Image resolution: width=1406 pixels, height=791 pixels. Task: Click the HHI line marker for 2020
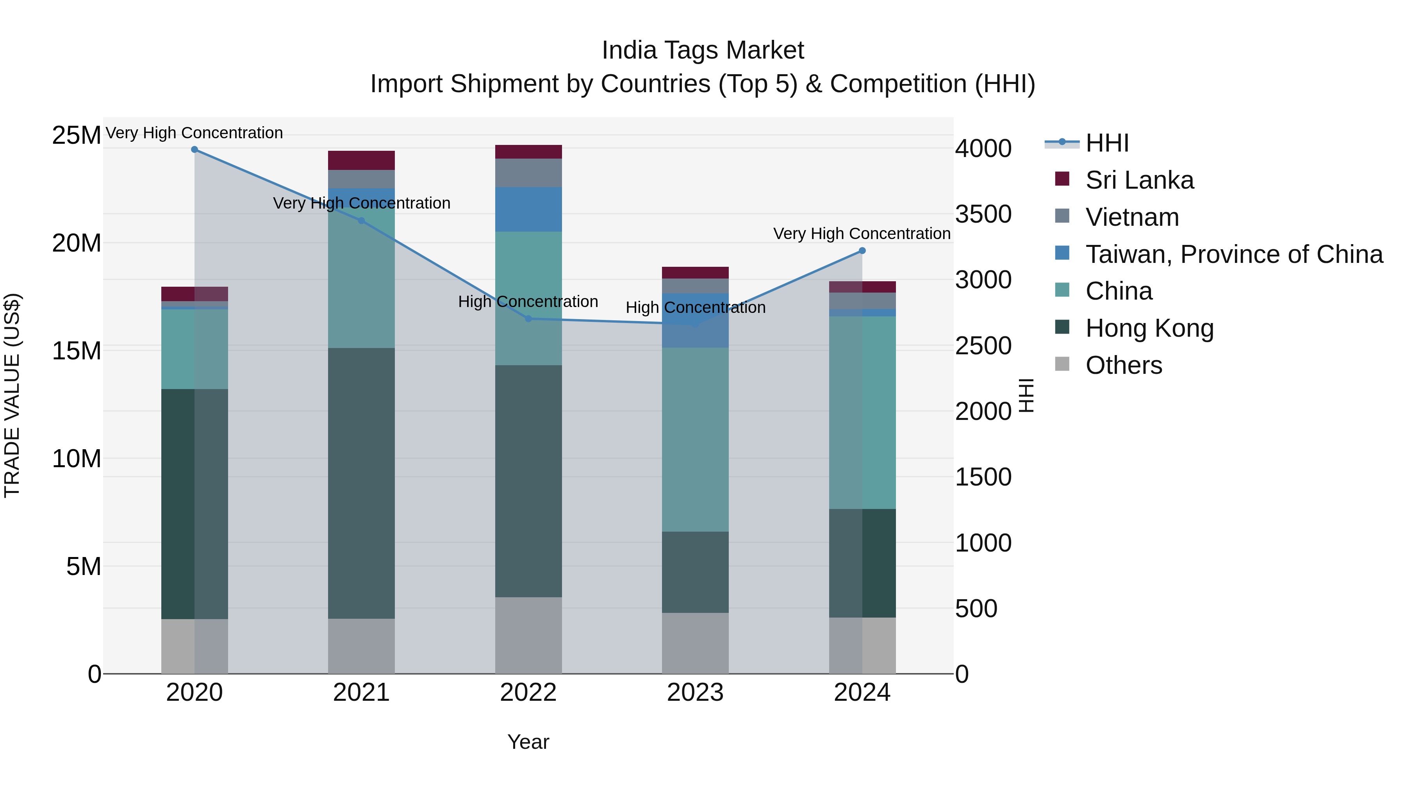click(194, 150)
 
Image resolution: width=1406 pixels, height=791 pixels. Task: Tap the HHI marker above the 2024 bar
click(862, 250)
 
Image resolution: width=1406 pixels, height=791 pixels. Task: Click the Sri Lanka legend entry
click(1139, 180)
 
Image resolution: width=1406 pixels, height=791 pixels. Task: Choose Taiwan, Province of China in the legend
click(1233, 254)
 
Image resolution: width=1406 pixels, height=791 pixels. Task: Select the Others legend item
click(1123, 365)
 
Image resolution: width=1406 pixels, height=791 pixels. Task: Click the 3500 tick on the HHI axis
click(983, 214)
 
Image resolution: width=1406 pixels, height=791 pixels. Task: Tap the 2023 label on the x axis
click(695, 693)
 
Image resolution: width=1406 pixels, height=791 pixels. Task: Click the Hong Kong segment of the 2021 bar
click(361, 483)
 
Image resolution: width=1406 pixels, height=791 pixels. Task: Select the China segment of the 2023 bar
click(695, 439)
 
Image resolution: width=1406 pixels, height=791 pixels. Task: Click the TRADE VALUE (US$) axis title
click(12, 395)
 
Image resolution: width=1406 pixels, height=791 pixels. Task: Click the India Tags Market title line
click(703, 50)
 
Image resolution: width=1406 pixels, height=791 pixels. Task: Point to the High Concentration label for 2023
click(695, 307)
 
